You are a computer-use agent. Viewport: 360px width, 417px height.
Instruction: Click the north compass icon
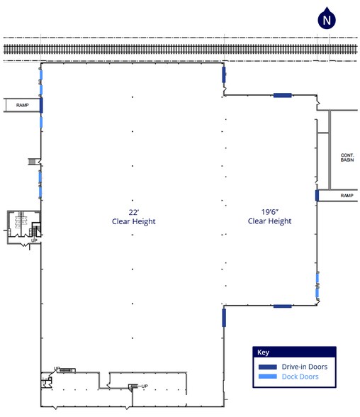coord(327,18)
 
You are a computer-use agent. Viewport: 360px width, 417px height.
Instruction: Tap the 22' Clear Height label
coord(134,217)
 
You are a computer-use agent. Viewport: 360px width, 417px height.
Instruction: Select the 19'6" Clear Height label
coord(269,216)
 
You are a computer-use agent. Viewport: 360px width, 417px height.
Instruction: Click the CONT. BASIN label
coord(347,157)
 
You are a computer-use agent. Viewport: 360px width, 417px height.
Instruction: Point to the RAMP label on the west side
coord(22,105)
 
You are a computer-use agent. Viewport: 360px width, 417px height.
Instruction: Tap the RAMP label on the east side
coord(347,196)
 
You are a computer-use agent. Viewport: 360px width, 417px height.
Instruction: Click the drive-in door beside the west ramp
coord(41,105)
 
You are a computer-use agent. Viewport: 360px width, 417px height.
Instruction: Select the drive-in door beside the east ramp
coord(317,196)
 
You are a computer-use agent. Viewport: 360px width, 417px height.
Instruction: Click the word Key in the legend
coord(263,352)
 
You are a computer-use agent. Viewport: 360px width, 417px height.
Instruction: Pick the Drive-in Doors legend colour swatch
coord(268,367)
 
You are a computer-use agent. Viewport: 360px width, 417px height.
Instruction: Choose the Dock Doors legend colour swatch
coord(268,377)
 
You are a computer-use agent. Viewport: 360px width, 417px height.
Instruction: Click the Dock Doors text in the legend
coord(300,377)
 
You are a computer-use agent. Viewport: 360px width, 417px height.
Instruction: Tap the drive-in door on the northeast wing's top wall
coord(283,95)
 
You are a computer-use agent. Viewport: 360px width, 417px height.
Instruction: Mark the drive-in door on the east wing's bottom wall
coord(283,306)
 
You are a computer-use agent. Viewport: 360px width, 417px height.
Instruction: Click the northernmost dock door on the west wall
coord(41,74)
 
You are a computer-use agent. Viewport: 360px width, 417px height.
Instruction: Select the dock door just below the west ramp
coord(41,122)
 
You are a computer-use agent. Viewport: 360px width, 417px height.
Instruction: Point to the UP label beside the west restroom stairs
coord(34,240)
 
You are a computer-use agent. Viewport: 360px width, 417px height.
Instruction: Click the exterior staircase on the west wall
coord(32,162)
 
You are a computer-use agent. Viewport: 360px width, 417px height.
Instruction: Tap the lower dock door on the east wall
coord(317,293)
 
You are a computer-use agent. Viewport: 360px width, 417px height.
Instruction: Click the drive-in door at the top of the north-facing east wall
coord(224,74)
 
